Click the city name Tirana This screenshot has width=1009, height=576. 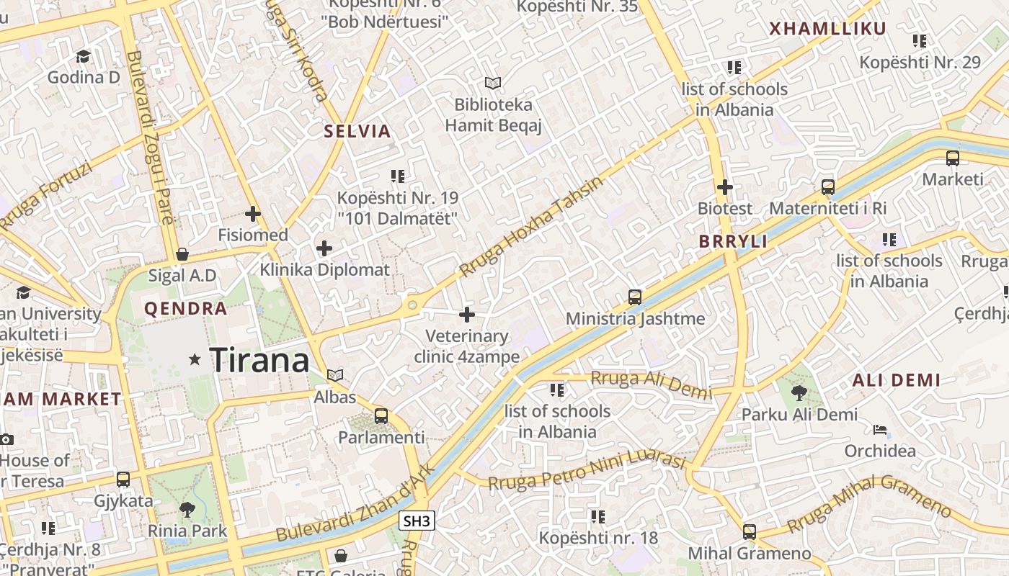click(259, 359)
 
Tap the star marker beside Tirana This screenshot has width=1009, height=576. click(195, 359)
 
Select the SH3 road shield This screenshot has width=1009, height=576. click(417, 521)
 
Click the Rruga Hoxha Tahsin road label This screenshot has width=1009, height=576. click(530, 226)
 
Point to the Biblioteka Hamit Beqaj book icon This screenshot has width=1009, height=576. click(493, 84)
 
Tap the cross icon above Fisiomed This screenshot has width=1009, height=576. click(253, 214)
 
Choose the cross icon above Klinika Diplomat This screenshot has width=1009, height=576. click(324, 248)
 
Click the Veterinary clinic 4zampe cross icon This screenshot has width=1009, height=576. click(467, 315)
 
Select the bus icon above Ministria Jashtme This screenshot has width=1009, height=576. click(635, 297)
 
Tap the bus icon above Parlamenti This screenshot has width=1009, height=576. click(381, 416)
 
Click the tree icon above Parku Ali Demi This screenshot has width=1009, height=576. click(799, 392)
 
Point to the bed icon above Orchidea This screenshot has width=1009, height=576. click(880, 430)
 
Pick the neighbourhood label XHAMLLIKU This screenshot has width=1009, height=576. click(827, 29)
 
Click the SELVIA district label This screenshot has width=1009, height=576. click(357, 131)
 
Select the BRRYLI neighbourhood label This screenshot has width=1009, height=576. click(733, 241)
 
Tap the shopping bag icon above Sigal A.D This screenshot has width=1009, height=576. click(182, 254)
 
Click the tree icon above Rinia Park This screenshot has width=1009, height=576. click(187, 510)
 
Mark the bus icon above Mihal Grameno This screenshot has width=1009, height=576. click(750, 532)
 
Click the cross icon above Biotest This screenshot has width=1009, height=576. click(725, 187)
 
